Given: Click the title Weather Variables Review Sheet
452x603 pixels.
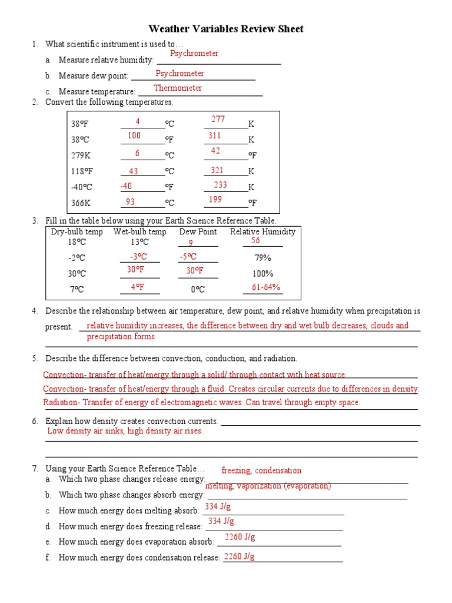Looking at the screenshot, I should tap(226, 29).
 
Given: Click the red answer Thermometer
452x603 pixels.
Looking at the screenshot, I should tap(178, 88).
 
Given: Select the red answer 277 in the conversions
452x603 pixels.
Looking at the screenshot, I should tap(218, 120).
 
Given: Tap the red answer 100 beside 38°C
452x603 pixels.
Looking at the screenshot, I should tap(134, 136).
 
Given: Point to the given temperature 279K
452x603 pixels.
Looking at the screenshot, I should tap(79, 155).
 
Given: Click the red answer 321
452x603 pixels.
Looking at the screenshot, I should tap(217, 170).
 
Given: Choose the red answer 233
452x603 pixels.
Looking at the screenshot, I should tap(220, 185).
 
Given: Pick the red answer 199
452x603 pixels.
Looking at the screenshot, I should tap(215, 200).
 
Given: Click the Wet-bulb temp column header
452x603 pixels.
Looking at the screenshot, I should tap(139, 232).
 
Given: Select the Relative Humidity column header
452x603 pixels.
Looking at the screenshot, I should tap(262, 232).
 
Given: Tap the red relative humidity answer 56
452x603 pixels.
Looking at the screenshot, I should tap(255, 241).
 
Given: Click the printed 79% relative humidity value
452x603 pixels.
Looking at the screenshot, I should tap(262, 258).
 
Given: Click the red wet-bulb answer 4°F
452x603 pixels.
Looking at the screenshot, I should tap(138, 287).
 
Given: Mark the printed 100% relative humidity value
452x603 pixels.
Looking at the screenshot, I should tap(262, 274).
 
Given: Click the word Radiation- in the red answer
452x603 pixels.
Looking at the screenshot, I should tap(62, 403).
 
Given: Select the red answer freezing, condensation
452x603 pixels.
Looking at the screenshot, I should tap(261, 471).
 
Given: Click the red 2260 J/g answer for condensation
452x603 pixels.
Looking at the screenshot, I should tap(240, 556).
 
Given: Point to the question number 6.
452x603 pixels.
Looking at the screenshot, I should tap(35, 422).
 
